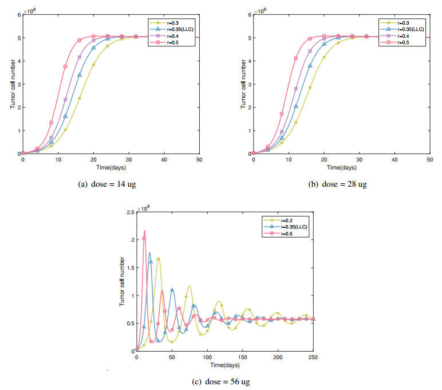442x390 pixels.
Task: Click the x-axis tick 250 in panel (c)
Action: [x=314, y=357]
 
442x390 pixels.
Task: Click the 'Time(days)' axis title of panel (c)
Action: [x=225, y=364]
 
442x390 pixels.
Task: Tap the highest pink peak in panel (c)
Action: [x=144, y=231]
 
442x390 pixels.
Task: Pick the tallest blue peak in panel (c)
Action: [x=150, y=253]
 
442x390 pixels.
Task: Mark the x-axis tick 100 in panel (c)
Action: [x=207, y=357]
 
